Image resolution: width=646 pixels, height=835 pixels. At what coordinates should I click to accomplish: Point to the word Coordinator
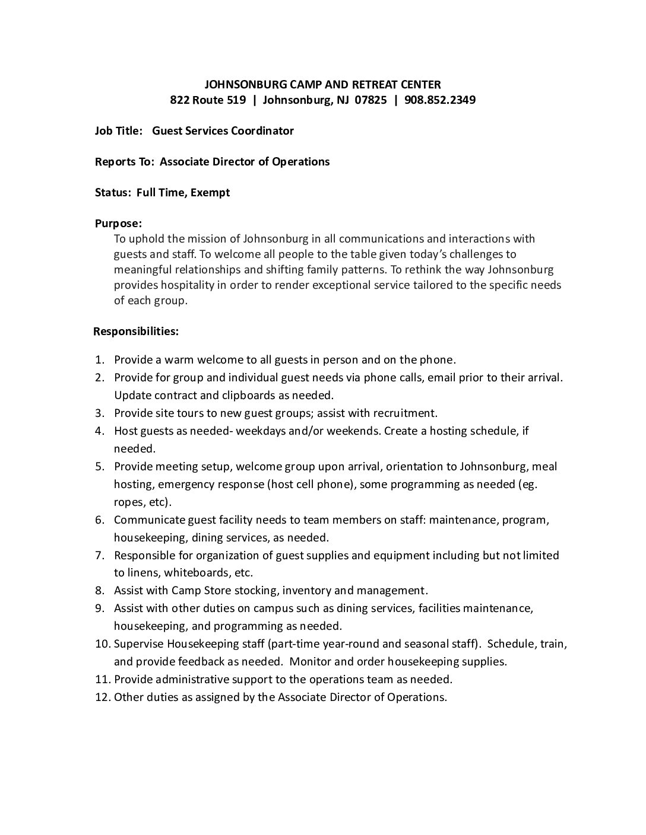[262, 130]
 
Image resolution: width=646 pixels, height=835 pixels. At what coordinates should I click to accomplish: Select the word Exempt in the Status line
[210, 192]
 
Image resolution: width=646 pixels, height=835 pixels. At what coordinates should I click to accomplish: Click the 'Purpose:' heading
[118, 224]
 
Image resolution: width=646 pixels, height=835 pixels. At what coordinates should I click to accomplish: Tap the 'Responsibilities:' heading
[136, 331]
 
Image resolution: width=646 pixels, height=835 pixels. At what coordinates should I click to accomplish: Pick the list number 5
[100, 467]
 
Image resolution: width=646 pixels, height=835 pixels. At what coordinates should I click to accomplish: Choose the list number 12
[103, 697]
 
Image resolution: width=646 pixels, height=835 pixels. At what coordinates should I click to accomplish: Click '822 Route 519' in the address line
[208, 100]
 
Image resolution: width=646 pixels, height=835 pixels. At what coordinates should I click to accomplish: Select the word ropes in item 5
[128, 502]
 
